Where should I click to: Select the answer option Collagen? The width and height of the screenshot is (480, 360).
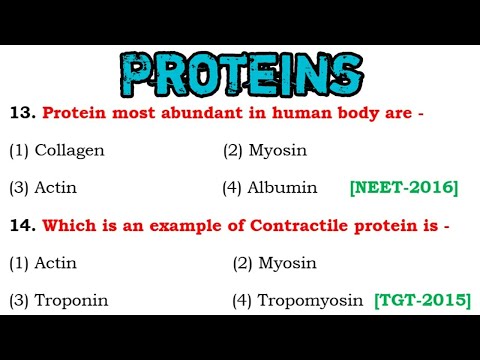[x=69, y=151]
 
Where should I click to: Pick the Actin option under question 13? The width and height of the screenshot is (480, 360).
[x=56, y=187]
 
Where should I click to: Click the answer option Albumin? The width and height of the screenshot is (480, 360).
[x=285, y=187]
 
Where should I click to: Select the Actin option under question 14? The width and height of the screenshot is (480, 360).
[x=56, y=263]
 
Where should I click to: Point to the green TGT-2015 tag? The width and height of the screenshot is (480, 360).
[x=421, y=299]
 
